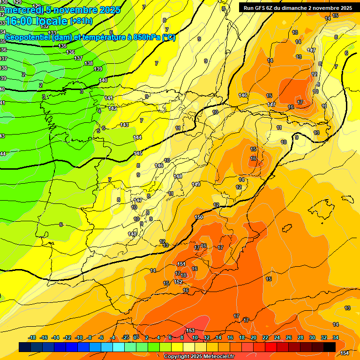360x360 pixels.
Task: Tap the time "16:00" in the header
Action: (x=21, y=21)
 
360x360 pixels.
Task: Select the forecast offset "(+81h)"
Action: (x=81, y=21)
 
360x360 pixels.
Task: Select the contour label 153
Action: (x=190, y=331)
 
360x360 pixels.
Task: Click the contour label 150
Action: (x=199, y=217)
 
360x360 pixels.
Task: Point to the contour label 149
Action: (x=196, y=184)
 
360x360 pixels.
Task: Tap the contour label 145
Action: (x=138, y=153)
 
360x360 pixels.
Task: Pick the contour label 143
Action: (x=124, y=125)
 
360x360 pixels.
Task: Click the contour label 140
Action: (x=103, y=80)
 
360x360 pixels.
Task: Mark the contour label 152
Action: (x=178, y=282)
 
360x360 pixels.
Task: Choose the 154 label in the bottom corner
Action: (x=345, y=353)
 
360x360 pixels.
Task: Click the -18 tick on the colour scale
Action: (x=32, y=337)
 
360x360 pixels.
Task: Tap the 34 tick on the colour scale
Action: (x=336, y=337)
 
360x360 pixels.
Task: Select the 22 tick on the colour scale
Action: (x=265, y=337)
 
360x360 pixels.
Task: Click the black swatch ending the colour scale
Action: (x=330, y=347)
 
